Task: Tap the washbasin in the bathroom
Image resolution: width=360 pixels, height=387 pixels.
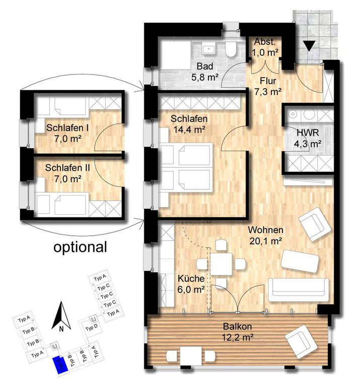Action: click(209, 48)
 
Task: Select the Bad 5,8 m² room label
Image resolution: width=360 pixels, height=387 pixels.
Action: click(205, 72)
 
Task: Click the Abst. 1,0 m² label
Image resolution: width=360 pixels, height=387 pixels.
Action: click(265, 47)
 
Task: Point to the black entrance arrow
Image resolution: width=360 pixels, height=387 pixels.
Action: click(309, 46)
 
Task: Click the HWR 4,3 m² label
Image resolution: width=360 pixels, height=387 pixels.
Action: click(308, 138)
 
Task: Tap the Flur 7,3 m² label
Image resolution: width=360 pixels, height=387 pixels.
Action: click(268, 86)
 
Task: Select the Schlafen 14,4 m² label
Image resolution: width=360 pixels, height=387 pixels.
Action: click(189, 124)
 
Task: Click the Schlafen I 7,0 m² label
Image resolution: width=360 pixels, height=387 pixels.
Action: click(67, 133)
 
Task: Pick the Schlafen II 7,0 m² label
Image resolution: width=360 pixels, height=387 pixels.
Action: click(67, 173)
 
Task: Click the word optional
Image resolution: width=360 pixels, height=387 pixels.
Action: click(81, 247)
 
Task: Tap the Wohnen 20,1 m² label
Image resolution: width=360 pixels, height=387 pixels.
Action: click(265, 235)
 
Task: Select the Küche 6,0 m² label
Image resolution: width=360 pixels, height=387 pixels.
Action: click(191, 284)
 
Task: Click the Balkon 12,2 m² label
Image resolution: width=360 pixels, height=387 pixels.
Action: click(238, 332)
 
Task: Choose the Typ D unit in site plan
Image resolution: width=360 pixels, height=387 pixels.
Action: click(91, 328)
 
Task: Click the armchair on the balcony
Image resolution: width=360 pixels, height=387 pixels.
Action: click(301, 342)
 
